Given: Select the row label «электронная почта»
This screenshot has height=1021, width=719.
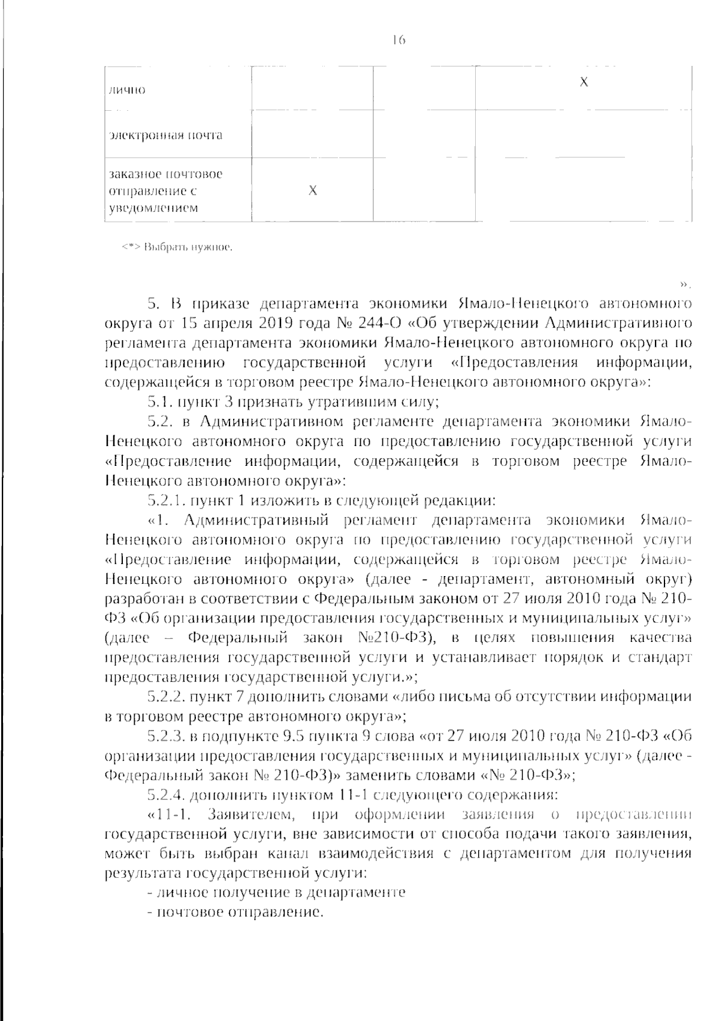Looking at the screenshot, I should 165,135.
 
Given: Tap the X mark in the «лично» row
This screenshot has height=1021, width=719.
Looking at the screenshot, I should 584,83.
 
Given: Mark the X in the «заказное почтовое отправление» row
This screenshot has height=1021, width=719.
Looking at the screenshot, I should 312,191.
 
